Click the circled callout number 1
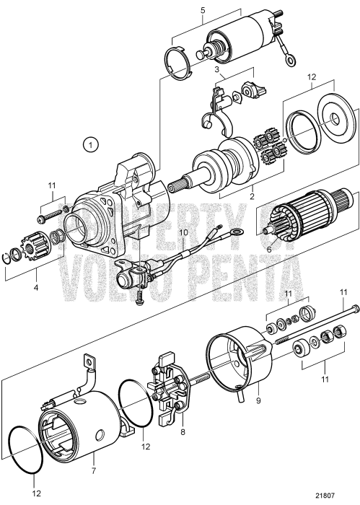click(90, 146)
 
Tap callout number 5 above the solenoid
click(203, 10)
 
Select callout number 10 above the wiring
click(183, 233)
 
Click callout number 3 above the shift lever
click(216, 69)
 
